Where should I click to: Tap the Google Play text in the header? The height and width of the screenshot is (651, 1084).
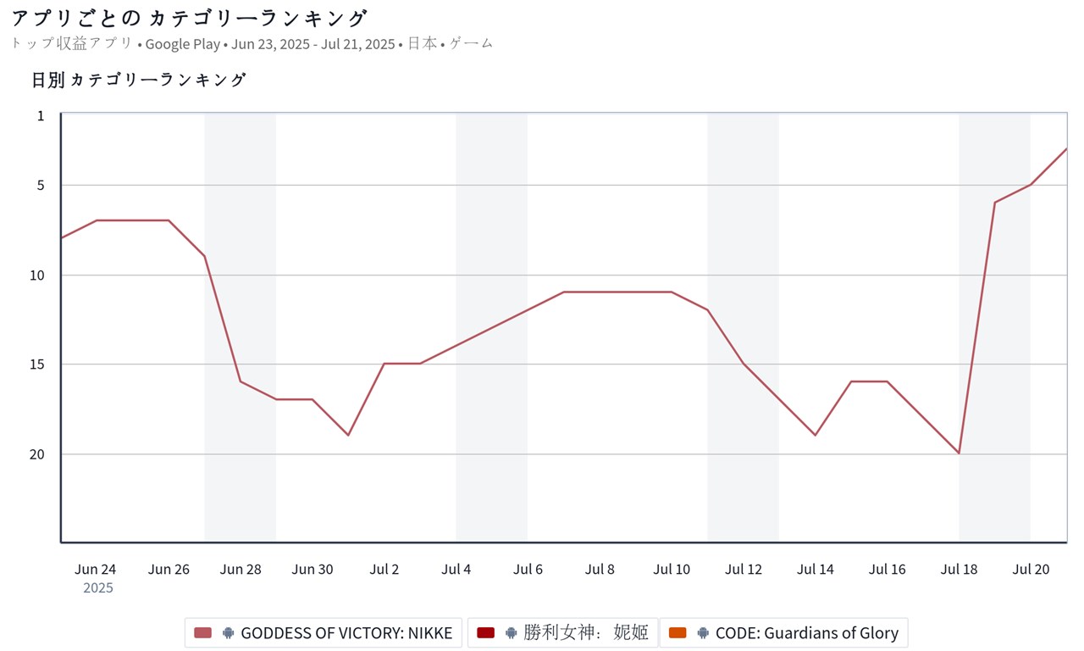coord(182,43)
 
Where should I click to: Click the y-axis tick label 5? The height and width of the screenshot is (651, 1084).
coord(41,185)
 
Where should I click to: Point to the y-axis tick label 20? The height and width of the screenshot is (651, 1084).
coord(37,454)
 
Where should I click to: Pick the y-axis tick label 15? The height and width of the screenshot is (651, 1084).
coord(37,364)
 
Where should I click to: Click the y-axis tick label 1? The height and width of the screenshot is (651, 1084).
coord(41,115)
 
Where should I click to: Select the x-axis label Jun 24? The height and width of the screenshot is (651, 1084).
coord(96,569)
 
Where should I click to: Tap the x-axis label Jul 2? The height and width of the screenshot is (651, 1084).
coord(384,569)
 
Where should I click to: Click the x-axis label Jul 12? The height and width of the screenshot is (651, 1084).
coord(744,569)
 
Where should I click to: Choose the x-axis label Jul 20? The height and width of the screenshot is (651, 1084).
coord(1031,569)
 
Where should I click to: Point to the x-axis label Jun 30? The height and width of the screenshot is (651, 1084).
coord(312,569)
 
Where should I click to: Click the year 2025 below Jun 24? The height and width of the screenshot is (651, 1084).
coord(98,587)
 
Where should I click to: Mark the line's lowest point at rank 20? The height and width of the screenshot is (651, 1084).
coord(959,453)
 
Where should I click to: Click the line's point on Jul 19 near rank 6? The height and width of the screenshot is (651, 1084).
coord(995,203)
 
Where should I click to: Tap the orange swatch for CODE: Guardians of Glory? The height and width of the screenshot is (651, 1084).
coord(677,632)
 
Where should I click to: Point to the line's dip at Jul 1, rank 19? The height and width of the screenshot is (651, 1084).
coord(348,436)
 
